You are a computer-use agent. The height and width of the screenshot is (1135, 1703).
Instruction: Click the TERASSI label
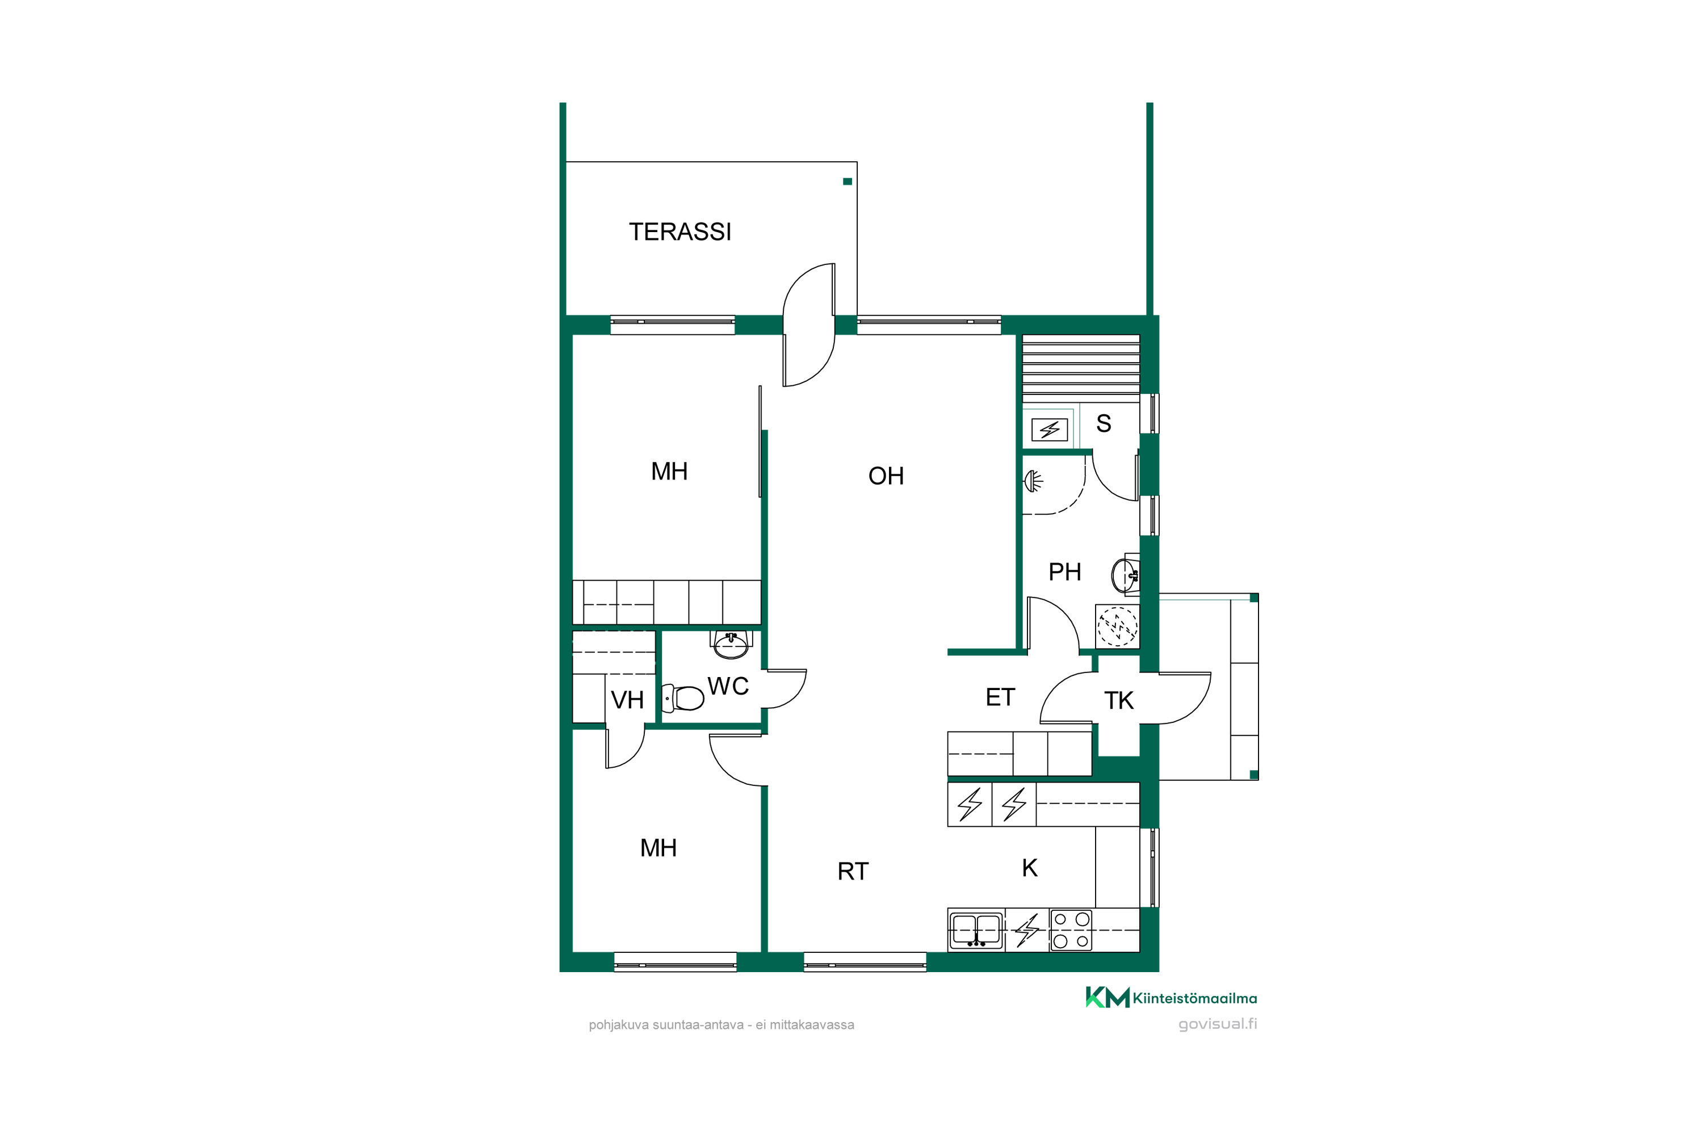[x=680, y=232]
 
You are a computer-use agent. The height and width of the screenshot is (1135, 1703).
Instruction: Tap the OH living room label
[x=886, y=476]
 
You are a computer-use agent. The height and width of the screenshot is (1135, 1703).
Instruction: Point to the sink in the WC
[x=731, y=644]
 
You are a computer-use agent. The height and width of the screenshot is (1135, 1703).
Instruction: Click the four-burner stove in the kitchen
[x=1071, y=930]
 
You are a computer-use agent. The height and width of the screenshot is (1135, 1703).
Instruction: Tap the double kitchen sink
[x=976, y=930]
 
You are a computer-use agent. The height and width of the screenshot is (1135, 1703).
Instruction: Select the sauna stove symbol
[x=1049, y=430]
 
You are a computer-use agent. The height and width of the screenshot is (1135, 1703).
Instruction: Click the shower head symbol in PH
[x=1033, y=481]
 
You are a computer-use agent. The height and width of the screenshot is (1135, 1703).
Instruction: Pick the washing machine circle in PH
[x=1117, y=626]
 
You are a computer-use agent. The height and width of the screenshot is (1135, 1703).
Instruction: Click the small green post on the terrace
[x=847, y=182]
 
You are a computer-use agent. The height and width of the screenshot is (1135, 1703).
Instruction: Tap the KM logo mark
[x=1107, y=998]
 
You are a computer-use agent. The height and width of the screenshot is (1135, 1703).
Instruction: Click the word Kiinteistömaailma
[x=1195, y=998]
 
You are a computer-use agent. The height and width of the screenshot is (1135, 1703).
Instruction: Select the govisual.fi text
[x=1217, y=1024]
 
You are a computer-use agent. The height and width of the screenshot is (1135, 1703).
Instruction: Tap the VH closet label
[x=627, y=700]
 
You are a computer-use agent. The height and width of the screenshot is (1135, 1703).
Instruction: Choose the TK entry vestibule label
[x=1119, y=701]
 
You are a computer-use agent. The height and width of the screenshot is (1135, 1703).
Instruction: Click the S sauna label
[x=1104, y=423]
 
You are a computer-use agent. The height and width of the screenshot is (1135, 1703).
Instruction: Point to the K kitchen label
[x=1030, y=868]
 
